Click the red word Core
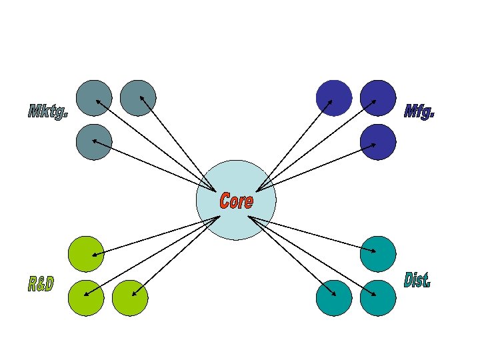pyautogui.click(x=236, y=200)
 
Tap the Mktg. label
pyautogui.click(x=48, y=112)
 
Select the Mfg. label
pyautogui.click(x=419, y=112)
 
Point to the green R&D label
pyautogui.click(x=41, y=285)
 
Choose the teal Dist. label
pyautogui.click(x=417, y=280)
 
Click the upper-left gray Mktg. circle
pyautogui.click(x=94, y=98)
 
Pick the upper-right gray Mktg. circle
pyautogui.click(x=138, y=98)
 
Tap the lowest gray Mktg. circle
pyautogui.click(x=94, y=141)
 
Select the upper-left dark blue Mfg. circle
pyautogui.click(x=334, y=98)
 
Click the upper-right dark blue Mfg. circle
pyautogui.click(x=378, y=98)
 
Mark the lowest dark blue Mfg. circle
pyautogui.click(x=378, y=142)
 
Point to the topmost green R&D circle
pyautogui.click(x=87, y=254)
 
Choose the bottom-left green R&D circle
pyautogui.click(x=87, y=298)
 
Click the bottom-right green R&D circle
pyautogui.click(x=130, y=298)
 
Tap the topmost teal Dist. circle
pyautogui.click(x=378, y=254)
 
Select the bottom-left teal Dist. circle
pyautogui.click(x=334, y=298)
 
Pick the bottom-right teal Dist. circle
pyautogui.click(x=378, y=298)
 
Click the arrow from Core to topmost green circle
pyautogui.click(x=157, y=235)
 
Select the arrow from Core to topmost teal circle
pyautogui.click(x=313, y=234)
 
